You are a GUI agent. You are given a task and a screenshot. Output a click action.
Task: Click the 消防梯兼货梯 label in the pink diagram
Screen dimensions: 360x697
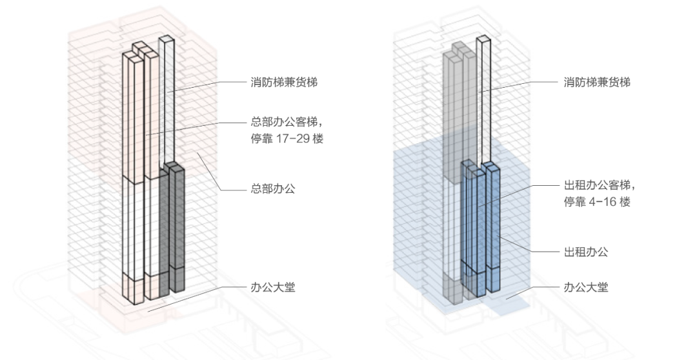click(x=284, y=83)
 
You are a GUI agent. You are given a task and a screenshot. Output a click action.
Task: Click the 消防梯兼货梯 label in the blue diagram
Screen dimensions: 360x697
click(x=596, y=83)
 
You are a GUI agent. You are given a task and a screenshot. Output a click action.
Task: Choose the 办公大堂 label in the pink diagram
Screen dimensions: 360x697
click(x=273, y=288)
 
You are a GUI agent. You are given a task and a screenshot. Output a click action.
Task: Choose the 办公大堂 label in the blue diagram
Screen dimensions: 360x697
click(x=585, y=288)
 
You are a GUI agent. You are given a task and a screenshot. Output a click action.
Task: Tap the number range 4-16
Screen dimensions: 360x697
click(x=605, y=202)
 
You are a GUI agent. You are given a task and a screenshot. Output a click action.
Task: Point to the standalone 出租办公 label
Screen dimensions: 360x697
click(x=585, y=252)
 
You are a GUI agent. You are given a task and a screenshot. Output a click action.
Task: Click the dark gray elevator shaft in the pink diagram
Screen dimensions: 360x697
click(x=177, y=226)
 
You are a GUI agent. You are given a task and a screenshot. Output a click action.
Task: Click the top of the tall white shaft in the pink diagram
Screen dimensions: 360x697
click(x=166, y=41)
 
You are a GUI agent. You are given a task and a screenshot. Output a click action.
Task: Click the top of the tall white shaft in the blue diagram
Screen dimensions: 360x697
click(x=483, y=41)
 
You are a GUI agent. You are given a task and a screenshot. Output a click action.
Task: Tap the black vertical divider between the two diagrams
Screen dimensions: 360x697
click(x=366, y=180)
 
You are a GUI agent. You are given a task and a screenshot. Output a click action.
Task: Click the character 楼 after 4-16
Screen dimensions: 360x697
click(x=625, y=202)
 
